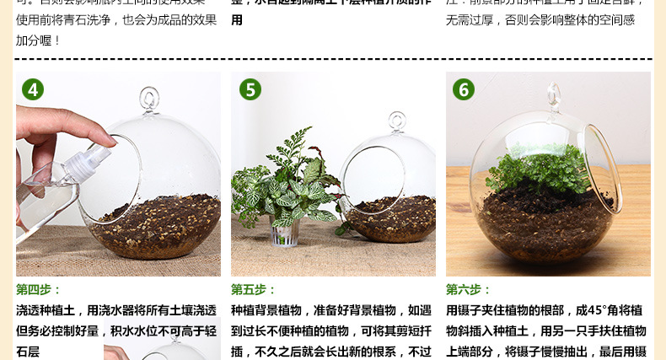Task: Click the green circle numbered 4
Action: tap(32, 89)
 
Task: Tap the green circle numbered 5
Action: tap(250, 89)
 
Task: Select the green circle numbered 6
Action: tap(463, 89)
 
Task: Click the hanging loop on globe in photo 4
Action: tap(149, 98)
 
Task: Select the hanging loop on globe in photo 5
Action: tap(396, 121)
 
